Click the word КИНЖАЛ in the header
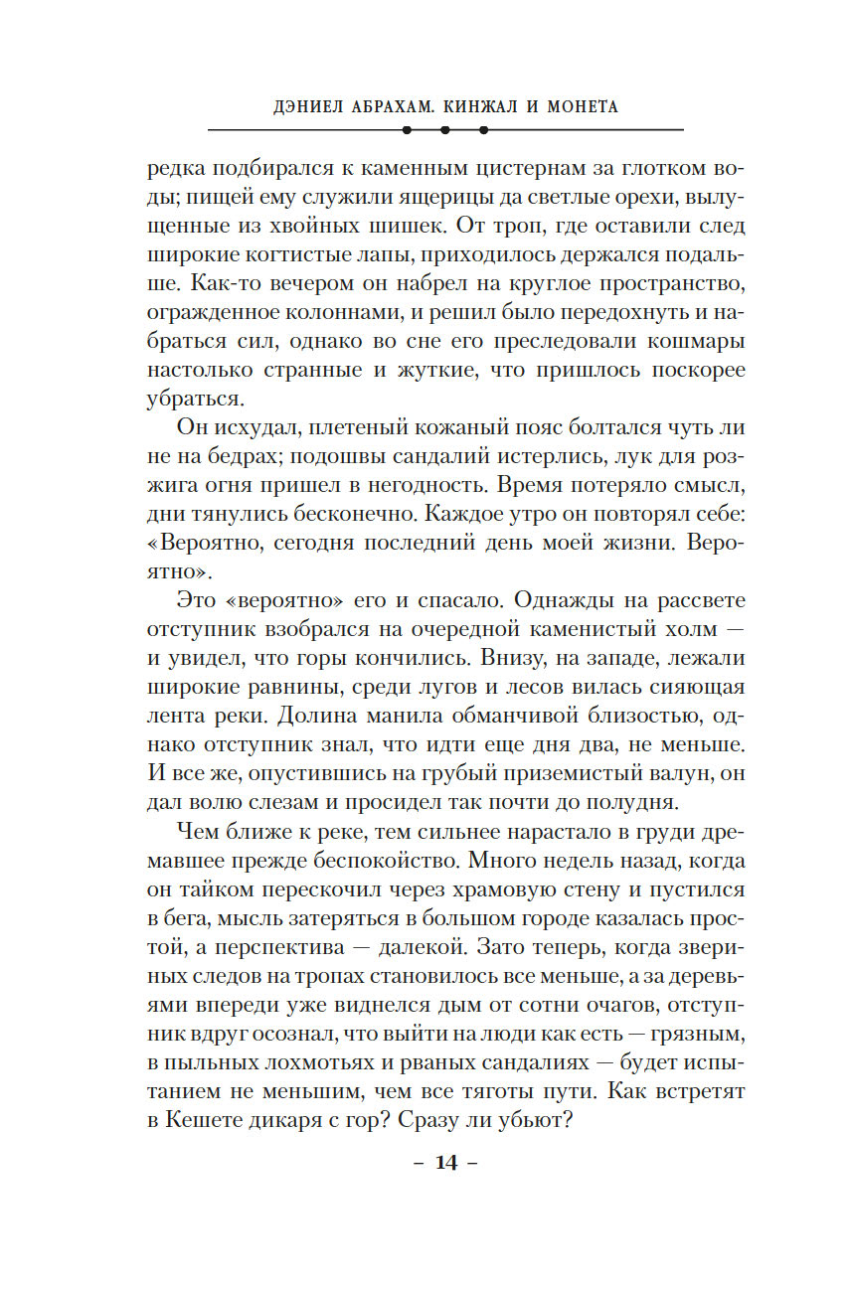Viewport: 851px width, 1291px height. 459,106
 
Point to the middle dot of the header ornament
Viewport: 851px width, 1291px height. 445,130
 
